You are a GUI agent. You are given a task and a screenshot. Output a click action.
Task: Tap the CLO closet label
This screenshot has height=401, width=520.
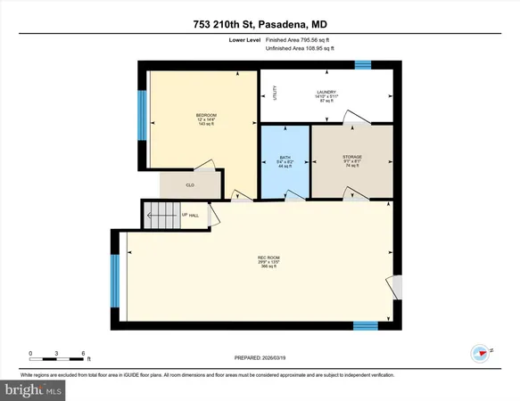tap(190, 185)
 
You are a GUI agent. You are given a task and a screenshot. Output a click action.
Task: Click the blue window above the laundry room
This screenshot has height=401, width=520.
tap(363, 63)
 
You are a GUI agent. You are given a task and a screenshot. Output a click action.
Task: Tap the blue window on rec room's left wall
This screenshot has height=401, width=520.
tap(113, 279)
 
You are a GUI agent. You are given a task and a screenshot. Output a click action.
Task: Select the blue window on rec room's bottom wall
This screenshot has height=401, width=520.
tap(364, 325)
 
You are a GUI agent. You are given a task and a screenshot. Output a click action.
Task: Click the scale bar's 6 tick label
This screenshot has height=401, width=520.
tap(83, 354)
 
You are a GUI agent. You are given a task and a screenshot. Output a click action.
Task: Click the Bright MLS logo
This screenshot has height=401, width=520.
tap(34, 389)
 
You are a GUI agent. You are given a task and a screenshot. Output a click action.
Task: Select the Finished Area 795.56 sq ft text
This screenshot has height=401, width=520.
tap(297, 40)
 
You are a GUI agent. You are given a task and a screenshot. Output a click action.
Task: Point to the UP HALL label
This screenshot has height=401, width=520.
tap(191, 215)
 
